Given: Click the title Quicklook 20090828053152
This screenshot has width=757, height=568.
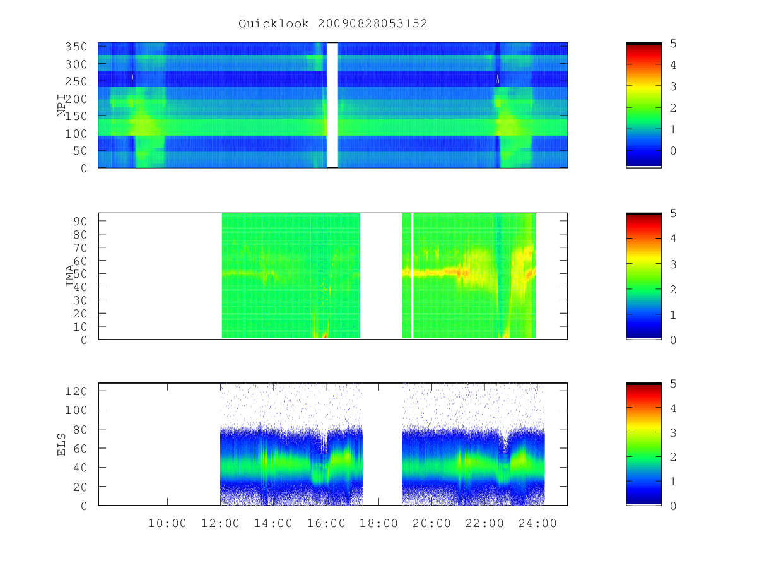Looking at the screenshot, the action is (333, 23).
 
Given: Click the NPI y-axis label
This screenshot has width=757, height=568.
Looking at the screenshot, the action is (62, 105).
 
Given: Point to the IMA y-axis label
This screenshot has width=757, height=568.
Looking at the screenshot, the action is (69, 276).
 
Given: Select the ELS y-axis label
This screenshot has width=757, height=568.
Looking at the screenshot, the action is (61, 444).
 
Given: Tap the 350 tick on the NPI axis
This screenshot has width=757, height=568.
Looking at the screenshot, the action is (76, 47).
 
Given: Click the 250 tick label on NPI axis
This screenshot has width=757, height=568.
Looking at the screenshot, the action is (76, 81).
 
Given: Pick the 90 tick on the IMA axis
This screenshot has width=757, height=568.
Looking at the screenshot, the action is (80, 221).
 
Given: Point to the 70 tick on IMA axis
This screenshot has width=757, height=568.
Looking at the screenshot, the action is (80, 247).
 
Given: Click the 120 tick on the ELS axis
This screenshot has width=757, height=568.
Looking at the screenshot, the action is (76, 391).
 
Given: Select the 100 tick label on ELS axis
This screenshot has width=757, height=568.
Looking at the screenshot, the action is (76, 410).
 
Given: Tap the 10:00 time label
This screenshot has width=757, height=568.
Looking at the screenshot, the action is (167, 523).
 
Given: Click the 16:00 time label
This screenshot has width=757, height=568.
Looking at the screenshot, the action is (326, 523).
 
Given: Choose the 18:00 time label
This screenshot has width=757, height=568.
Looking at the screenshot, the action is (378, 523).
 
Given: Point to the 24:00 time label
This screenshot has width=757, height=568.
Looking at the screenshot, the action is (537, 523).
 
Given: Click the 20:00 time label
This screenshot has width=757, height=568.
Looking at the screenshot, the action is (431, 523).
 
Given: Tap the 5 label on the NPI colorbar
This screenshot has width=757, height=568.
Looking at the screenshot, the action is (673, 44).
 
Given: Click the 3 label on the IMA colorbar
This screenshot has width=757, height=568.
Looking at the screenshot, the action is (673, 264).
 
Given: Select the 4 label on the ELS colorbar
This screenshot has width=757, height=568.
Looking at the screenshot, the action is (673, 408).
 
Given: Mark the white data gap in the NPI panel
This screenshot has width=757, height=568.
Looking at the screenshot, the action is (332, 105).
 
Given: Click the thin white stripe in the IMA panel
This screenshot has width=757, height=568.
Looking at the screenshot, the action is (412, 276).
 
